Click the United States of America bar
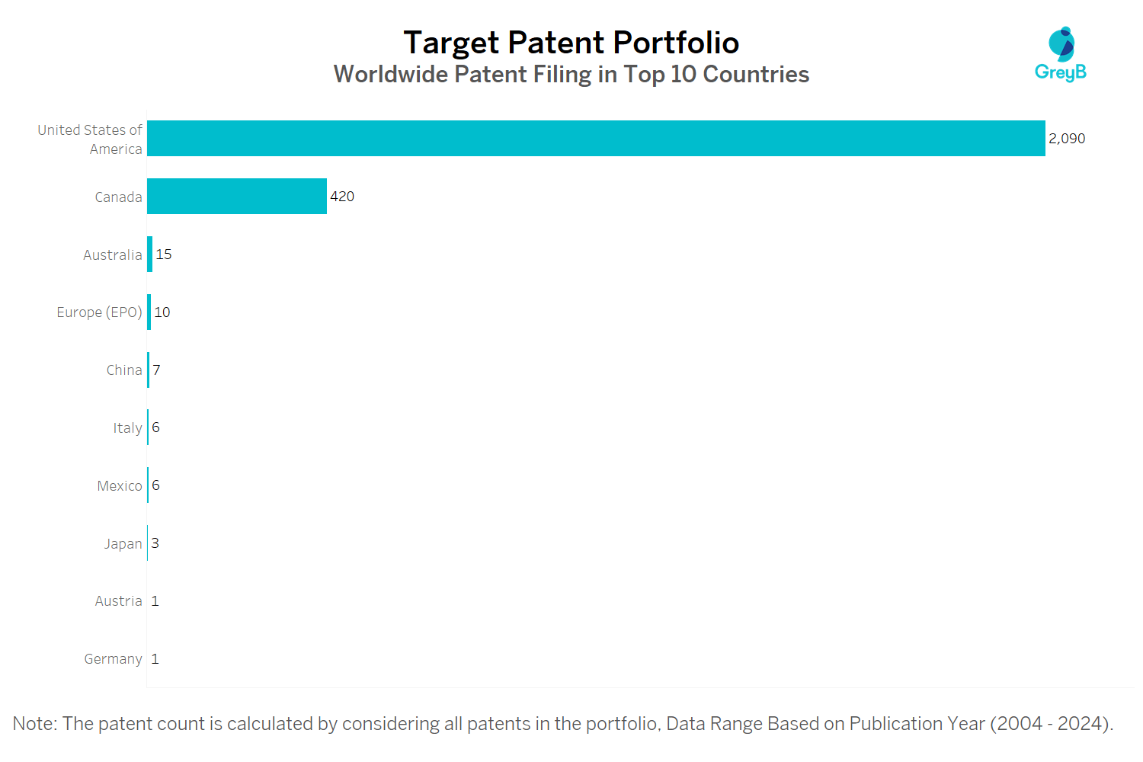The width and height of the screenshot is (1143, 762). (x=596, y=139)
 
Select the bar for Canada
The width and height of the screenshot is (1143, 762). (x=237, y=196)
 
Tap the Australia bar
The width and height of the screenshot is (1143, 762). (x=149, y=255)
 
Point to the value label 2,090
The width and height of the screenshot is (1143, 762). (x=1067, y=139)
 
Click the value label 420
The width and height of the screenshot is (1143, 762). (x=342, y=197)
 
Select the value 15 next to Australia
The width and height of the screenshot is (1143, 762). (x=163, y=255)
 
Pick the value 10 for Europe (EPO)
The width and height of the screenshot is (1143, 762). (x=162, y=312)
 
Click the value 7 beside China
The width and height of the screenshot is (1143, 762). (x=156, y=370)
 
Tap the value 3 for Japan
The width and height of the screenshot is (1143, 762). (x=155, y=543)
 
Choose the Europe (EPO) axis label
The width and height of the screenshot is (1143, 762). (x=100, y=312)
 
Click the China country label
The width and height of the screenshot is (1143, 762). (x=124, y=370)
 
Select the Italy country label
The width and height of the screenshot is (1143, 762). (x=127, y=428)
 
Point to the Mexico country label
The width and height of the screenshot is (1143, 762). (x=120, y=486)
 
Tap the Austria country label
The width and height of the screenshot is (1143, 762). (x=118, y=601)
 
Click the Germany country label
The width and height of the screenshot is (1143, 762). (x=113, y=659)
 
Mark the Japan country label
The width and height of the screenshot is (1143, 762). (x=123, y=544)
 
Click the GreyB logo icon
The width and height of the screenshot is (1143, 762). (x=1061, y=44)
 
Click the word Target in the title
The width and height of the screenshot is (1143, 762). (x=450, y=43)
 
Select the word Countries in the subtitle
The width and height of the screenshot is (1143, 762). (x=756, y=75)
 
